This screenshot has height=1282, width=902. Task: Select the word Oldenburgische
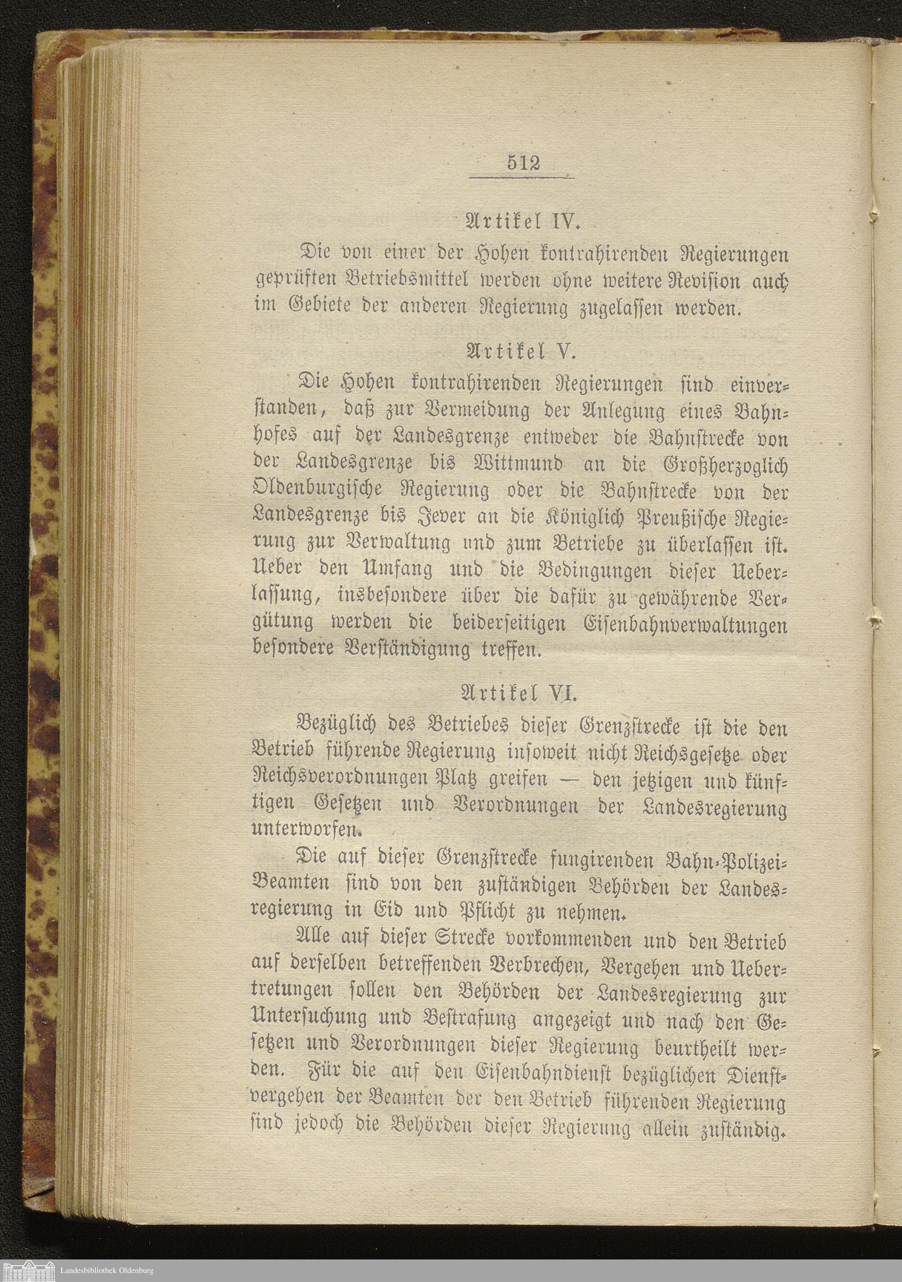pos(317,490)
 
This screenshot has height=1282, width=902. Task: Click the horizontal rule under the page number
pos(521,178)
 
